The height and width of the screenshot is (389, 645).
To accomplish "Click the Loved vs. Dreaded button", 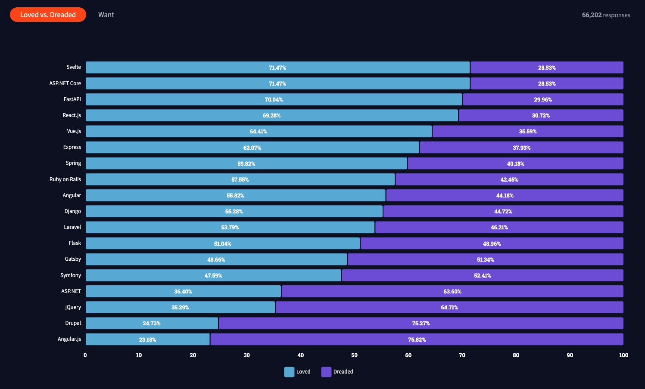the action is [x=48, y=15].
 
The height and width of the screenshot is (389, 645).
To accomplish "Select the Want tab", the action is [x=106, y=15].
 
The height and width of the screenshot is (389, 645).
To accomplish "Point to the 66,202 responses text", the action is [x=606, y=15].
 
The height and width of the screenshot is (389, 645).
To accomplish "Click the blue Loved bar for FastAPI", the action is [x=274, y=99].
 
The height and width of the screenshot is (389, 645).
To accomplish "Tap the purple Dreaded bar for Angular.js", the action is [x=417, y=339].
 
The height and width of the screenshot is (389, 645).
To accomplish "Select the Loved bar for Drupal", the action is [x=152, y=323].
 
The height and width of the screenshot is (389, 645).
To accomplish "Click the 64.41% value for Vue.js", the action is [x=258, y=131].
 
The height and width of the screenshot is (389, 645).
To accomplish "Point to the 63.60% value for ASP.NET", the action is [x=452, y=291].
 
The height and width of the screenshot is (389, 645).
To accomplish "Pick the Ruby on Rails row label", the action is [x=65, y=179].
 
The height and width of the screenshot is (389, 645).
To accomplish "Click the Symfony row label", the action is [x=71, y=275].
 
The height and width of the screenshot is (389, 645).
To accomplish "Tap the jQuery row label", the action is [x=73, y=307].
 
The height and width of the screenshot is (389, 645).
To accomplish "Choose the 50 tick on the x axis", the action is [x=354, y=355].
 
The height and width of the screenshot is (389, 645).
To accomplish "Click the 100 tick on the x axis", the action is [x=623, y=355].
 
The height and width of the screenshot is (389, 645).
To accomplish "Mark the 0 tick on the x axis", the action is [x=85, y=355].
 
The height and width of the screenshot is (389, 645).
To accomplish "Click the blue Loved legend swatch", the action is [x=289, y=372].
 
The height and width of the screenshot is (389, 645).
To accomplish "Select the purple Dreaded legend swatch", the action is [x=326, y=372].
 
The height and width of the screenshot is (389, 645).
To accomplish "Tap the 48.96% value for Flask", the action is [x=492, y=244].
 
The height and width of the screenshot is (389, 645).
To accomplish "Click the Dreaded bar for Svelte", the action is [x=547, y=67].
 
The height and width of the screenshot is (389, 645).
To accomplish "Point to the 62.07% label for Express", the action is [x=252, y=148].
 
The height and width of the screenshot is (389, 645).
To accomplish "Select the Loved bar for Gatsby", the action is [x=216, y=259].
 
